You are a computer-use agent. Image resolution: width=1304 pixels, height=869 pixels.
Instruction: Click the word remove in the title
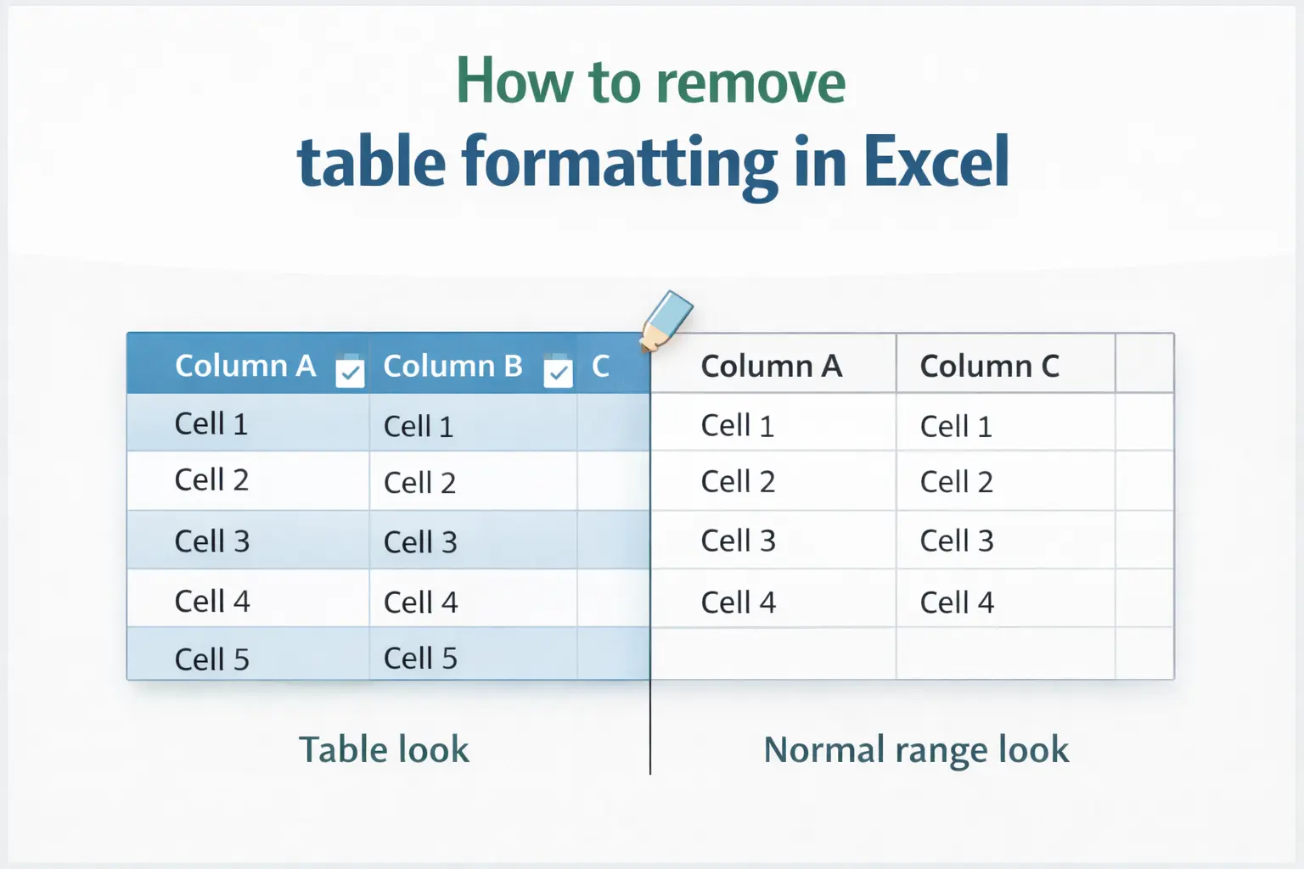coord(750,82)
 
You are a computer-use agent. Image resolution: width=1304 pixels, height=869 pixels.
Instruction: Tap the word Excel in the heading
coord(936,161)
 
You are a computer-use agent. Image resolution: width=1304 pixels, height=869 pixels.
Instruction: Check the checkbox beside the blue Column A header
coord(350,373)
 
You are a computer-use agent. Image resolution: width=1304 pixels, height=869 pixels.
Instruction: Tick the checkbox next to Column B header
coord(558,373)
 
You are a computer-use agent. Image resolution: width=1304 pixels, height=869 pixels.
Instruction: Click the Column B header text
coord(452,366)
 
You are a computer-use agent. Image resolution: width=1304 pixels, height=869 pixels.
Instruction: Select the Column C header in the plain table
coord(989,366)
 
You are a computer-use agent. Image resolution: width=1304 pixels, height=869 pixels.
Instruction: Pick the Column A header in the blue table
coord(244,366)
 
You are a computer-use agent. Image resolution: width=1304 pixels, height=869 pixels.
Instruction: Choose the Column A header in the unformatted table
coord(771,366)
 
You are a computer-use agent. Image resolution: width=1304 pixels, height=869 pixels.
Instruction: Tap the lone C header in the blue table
coord(600,366)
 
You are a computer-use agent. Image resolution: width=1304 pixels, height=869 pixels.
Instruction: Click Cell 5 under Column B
coord(420,658)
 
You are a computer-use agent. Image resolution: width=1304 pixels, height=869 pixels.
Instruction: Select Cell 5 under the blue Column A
coord(211,659)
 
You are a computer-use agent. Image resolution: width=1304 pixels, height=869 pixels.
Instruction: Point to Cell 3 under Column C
coord(957,541)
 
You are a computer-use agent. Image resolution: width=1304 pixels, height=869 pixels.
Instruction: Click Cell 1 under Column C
coord(956,426)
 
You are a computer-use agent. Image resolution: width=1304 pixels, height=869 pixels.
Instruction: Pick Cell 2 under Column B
coord(419,483)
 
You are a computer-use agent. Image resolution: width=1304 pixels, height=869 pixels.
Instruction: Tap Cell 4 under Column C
coord(957,603)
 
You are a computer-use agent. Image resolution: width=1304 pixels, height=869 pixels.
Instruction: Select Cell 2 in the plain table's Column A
coord(738,482)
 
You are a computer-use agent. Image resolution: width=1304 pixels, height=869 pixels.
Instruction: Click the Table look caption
coord(384,750)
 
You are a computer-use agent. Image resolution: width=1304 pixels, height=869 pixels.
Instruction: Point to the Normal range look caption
coord(916,750)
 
